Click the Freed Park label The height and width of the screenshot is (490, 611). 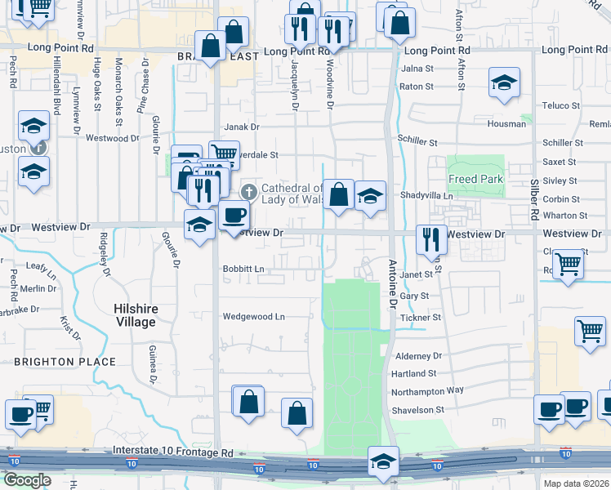475,179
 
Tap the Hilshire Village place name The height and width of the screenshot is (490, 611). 135,315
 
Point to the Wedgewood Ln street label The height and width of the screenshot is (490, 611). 254,316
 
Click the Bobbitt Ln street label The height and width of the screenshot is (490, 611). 243,269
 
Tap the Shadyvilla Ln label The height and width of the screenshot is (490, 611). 426,196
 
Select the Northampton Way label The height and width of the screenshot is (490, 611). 427,391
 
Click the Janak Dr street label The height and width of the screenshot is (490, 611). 241,127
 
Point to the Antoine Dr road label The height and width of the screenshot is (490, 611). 394,281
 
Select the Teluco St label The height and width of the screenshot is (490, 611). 561,106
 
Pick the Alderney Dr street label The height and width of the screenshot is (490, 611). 417,356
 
